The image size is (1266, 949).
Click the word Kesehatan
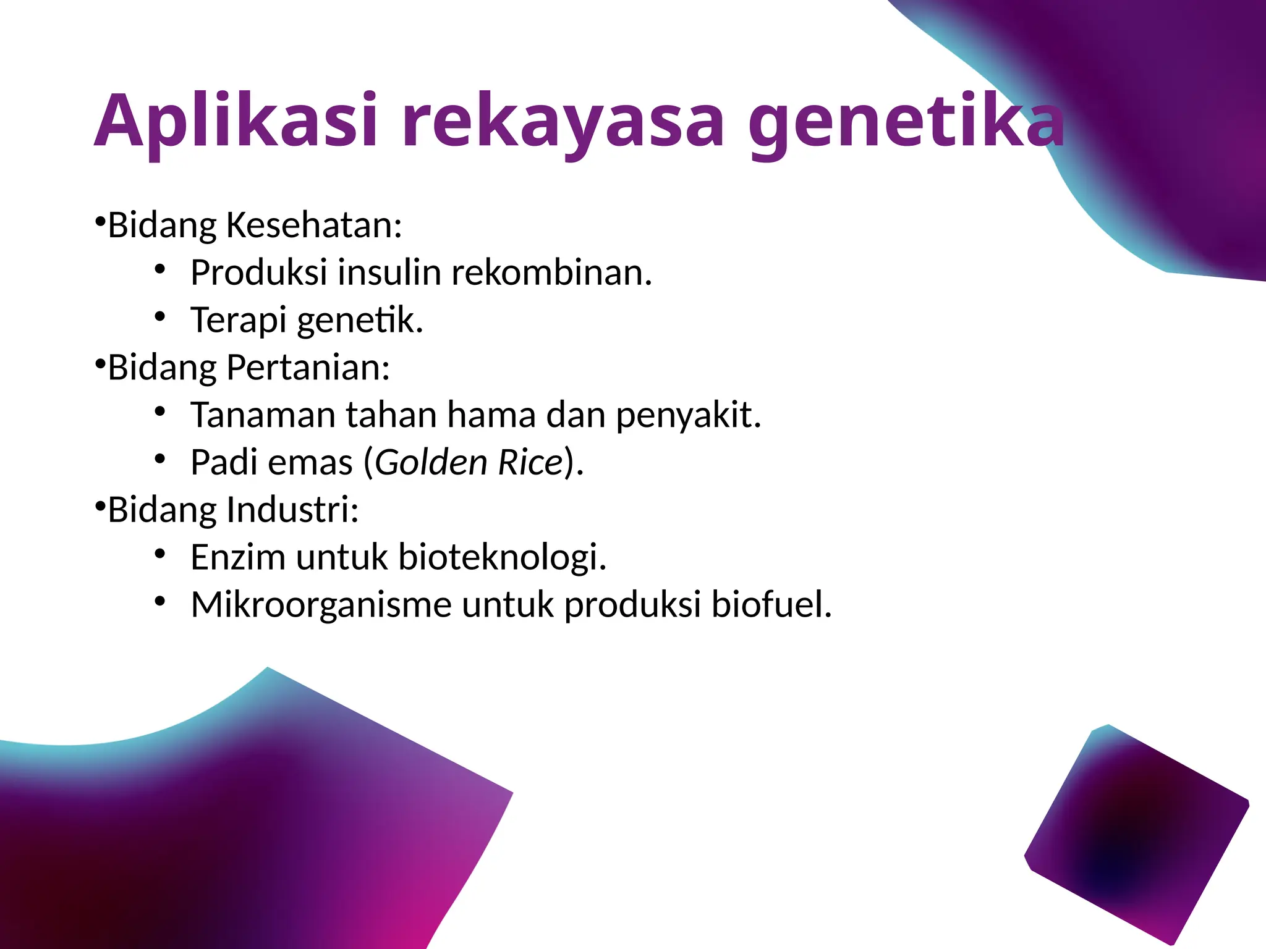click(314, 225)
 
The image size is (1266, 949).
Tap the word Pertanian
click(308, 368)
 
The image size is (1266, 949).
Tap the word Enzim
click(238, 557)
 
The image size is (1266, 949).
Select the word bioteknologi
click(502, 557)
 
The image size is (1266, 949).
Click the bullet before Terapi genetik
click(160, 317)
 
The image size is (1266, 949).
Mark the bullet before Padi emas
click(160, 459)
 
